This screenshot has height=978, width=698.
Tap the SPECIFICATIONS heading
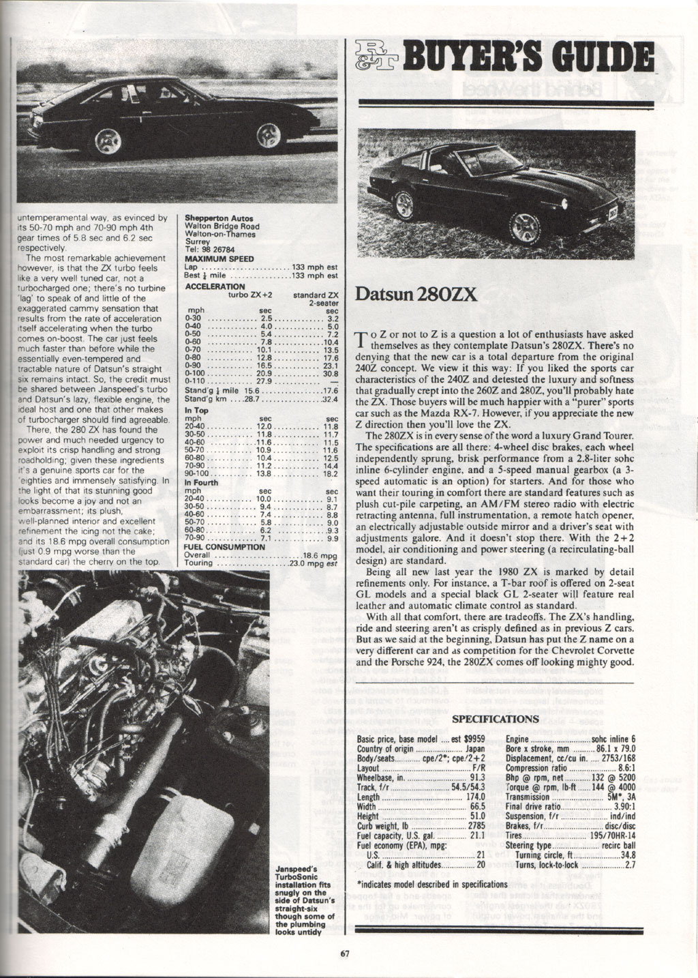(496, 718)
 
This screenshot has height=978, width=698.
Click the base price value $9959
(472, 739)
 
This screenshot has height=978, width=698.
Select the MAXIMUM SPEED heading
(219, 259)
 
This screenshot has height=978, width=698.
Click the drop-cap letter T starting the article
(362, 338)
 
